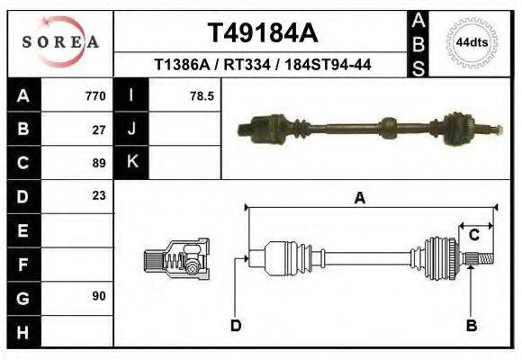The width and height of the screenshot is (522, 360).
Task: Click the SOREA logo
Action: point(59,42)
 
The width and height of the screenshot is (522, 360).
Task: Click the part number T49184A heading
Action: point(262,33)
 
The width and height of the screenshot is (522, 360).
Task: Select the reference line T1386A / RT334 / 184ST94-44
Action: point(263,65)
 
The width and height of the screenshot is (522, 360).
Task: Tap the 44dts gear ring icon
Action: point(471,42)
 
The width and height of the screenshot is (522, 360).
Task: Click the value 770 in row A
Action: point(94,95)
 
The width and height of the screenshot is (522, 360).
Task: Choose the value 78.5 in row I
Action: point(201,95)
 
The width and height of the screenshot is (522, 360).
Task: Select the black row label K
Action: point(131,162)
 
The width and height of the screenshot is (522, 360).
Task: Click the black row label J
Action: point(131,129)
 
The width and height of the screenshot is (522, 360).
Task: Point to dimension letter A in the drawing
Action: point(359,199)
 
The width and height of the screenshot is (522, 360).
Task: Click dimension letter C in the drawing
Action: point(473,235)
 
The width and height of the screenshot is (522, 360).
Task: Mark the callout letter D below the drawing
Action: point(236,325)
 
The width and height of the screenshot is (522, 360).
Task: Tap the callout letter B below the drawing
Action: point(471,325)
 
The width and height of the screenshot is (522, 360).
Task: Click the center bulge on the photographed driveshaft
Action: point(388,127)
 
